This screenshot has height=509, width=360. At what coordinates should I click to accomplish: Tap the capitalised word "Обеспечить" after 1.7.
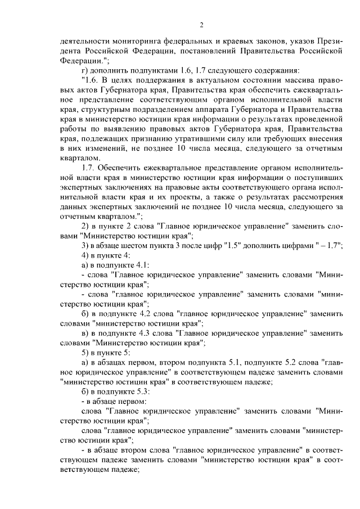pyautogui.click(x=122, y=168)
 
